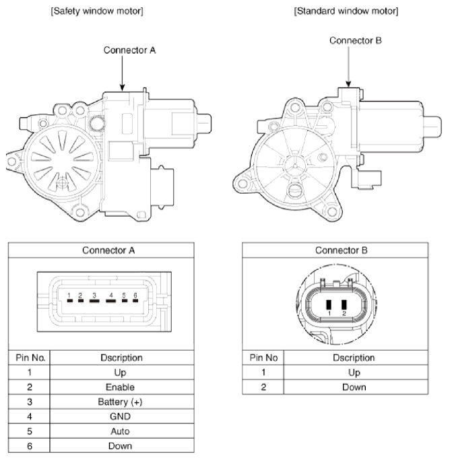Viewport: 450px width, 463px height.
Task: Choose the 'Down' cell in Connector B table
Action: [x=354, y=387]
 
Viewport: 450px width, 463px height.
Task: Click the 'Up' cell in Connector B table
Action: [x=354, y=372]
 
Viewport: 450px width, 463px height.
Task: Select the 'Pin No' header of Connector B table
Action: [x=263, y=357]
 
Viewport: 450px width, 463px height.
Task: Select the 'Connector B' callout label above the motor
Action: [x=356, y=40]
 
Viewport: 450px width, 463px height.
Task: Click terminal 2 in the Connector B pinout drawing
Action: [x=344, y=304]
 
